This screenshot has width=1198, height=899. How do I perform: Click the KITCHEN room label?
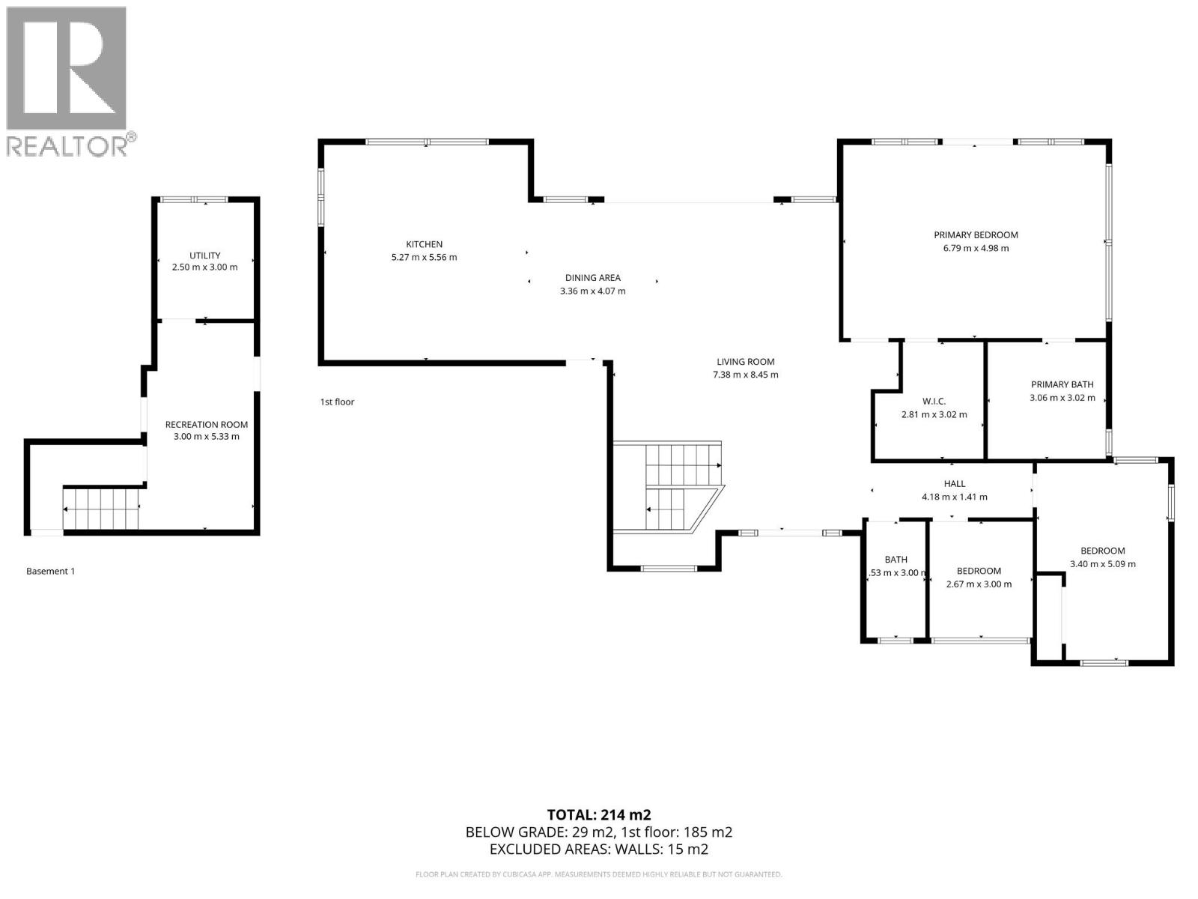click(x=424, y=244)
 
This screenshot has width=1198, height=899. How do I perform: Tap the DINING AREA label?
click(x=592, y=278)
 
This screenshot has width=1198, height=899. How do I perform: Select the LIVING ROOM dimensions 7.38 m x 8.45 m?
click(x=745, y=375)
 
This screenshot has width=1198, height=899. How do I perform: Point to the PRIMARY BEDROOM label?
click(x=976, y=234)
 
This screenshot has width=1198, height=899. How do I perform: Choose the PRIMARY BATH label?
click(x=1062, y=384)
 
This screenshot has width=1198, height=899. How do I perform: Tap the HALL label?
click(x=954, y=484)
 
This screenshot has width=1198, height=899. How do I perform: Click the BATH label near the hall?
click(x=896, y=560)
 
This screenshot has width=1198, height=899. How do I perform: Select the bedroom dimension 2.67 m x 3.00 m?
click(x=979, y=584)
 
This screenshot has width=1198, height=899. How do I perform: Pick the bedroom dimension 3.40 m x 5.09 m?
click(x=1102, y=564)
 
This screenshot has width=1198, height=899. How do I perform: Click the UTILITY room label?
click(x=204, y=255)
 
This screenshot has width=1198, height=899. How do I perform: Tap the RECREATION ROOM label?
click(x=206, y=425)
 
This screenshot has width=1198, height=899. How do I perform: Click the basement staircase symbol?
click(x=102, y=509)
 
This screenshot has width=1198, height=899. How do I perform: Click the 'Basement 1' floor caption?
click(x=50, y=572)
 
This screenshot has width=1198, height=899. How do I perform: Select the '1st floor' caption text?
click(x=337, y=402)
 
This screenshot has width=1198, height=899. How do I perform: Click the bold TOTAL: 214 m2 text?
click(x=598, y=814)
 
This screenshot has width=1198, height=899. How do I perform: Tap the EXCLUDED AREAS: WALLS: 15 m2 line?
click(x=598, y=849)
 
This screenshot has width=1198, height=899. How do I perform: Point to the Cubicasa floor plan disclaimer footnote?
click(x=598, y=874)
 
